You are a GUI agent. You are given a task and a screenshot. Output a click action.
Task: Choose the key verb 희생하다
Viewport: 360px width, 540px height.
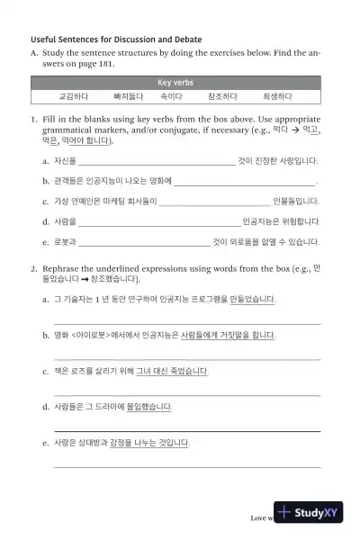pyautogui.click(x=277, y=95)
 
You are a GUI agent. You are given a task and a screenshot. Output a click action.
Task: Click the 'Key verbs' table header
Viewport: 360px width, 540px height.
pyautogui.click(x=176, y=82)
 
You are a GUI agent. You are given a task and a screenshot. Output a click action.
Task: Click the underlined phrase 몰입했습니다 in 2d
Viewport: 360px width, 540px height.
pyautogui.click(x=147, y=407)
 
